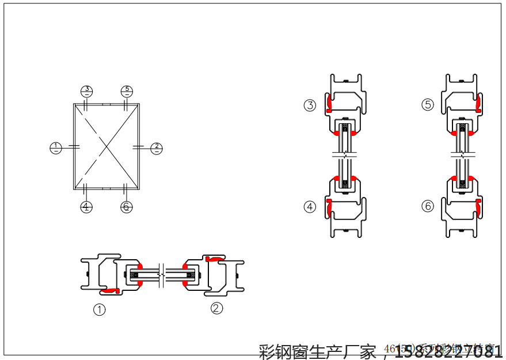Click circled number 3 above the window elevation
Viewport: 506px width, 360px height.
tap(86, 90)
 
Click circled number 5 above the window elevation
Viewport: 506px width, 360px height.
tap(127, 90)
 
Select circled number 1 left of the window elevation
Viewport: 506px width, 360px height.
tap(55, 148)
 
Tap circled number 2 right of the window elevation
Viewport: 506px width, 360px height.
tap(157, 148)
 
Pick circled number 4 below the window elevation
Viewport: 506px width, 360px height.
tap(86, 207)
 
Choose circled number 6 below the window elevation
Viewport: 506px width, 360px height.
tap(127, 207)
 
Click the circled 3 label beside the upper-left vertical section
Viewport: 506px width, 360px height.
tap(310, 105)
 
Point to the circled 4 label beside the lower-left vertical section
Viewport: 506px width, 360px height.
tap(310, 207)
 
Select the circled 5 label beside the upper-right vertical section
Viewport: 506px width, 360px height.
tap(428, 105)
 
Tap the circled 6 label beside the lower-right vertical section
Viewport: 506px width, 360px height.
tap(428, 206)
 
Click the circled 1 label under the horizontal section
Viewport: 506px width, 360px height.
tap(100, 310)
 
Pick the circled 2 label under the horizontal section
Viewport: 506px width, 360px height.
tap(216, 308)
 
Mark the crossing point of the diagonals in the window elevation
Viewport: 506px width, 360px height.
tap(106, 146)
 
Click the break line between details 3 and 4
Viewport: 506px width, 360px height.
tap(344, 155)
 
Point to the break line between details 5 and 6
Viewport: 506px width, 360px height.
tap(462, 155)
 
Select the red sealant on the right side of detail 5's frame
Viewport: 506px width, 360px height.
tap(478, 104)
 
